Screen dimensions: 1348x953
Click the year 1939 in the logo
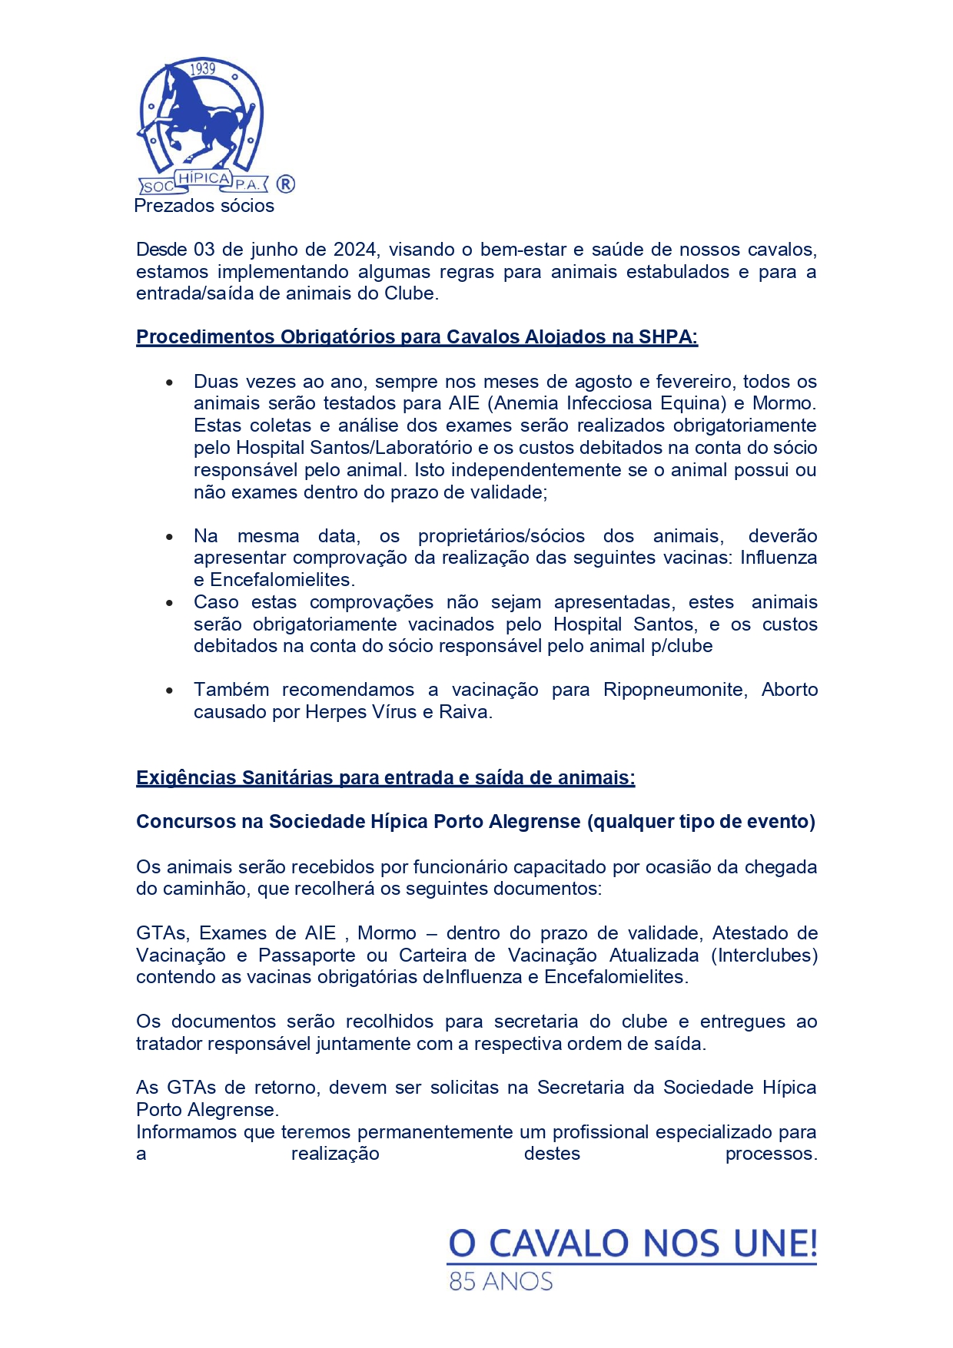click(202, 69)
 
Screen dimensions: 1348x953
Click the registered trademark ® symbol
click(285, 184)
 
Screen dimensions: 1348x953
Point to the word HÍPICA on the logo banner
click(204, 178)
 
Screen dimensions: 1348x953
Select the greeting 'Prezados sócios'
click(204, 206)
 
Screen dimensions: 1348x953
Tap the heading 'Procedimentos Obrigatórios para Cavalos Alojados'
click(417, 337)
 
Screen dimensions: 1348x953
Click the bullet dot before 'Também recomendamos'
click(170, 691)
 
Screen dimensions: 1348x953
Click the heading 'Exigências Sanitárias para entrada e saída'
click(385, 778)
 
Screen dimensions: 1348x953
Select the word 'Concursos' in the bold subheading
click(187, 822)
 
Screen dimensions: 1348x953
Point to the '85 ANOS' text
click(500, 1281)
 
